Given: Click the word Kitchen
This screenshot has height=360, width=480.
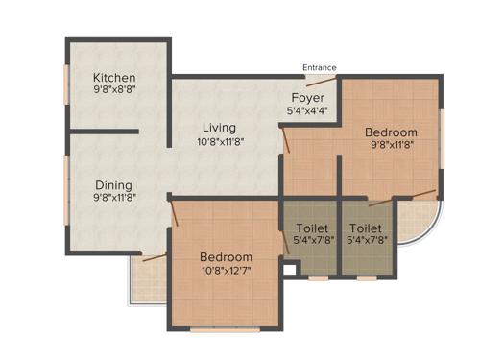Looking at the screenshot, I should click(x=114, y=78).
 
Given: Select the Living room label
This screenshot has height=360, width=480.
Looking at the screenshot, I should click(x=219, y=127).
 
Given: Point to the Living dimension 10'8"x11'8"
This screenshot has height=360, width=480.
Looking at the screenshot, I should click(x=219, y=143).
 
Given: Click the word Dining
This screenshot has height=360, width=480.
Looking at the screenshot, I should click(x=113, y=185).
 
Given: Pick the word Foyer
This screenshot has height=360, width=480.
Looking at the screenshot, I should click(x=307, y=98).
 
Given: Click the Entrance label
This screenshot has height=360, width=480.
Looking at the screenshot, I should click(x=320, y=67).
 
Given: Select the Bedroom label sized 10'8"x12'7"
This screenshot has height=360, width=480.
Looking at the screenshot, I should click(x=226, y=256).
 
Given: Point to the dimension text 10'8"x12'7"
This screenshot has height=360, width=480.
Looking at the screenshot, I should click(x=226, y=273).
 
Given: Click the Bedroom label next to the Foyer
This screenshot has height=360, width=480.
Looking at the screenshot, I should click(x=391, y=132).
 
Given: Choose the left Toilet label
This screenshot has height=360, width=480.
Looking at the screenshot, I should click(x=310, y=228).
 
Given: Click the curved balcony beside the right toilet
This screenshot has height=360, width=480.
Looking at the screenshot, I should click(x=416, y=219).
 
